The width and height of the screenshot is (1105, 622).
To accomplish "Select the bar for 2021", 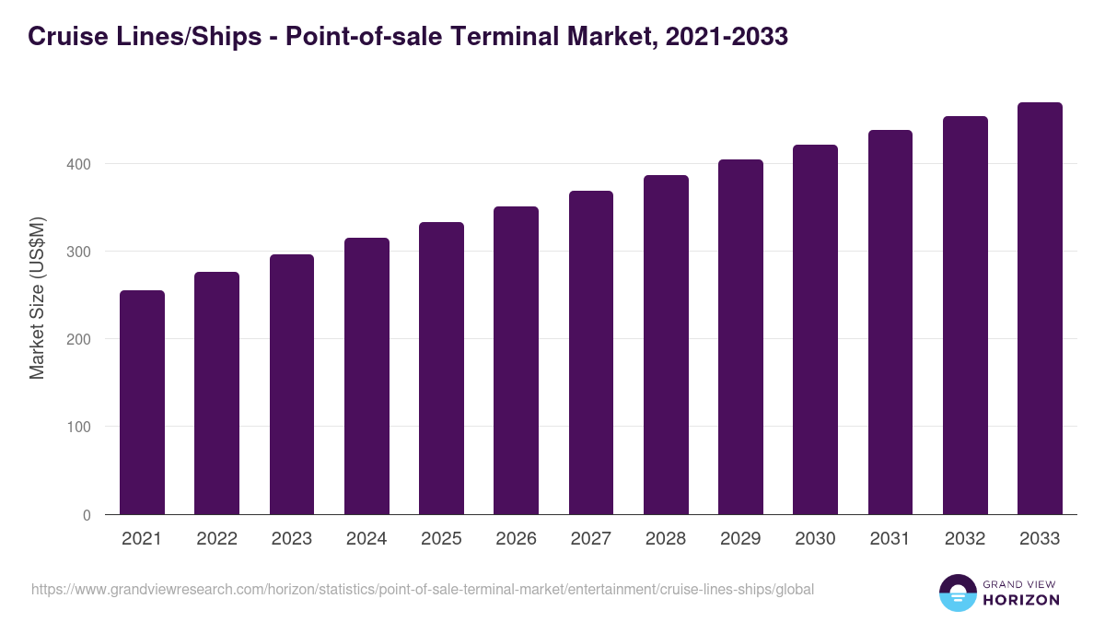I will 142,403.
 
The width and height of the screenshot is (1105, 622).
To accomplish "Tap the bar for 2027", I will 591,353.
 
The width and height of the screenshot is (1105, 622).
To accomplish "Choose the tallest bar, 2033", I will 1040,309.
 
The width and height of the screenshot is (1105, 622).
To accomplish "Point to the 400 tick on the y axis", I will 80,164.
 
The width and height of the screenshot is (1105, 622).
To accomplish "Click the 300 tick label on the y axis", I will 80,252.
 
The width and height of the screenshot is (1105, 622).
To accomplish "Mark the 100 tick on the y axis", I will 80,428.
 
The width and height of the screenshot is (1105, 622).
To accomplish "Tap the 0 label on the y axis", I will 87,515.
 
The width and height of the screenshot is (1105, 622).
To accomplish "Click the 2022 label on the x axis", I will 216,539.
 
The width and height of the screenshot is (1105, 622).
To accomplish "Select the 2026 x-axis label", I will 516,539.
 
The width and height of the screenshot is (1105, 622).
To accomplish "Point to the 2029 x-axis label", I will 740,539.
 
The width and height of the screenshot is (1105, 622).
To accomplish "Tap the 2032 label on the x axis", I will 965,539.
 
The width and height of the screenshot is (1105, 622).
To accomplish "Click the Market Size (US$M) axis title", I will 37,298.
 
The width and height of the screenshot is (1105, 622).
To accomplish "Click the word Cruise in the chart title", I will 64,37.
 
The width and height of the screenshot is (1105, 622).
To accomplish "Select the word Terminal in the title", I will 472,37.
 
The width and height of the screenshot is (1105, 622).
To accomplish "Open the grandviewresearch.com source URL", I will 423,589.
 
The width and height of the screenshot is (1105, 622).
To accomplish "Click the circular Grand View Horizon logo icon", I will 957,593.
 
